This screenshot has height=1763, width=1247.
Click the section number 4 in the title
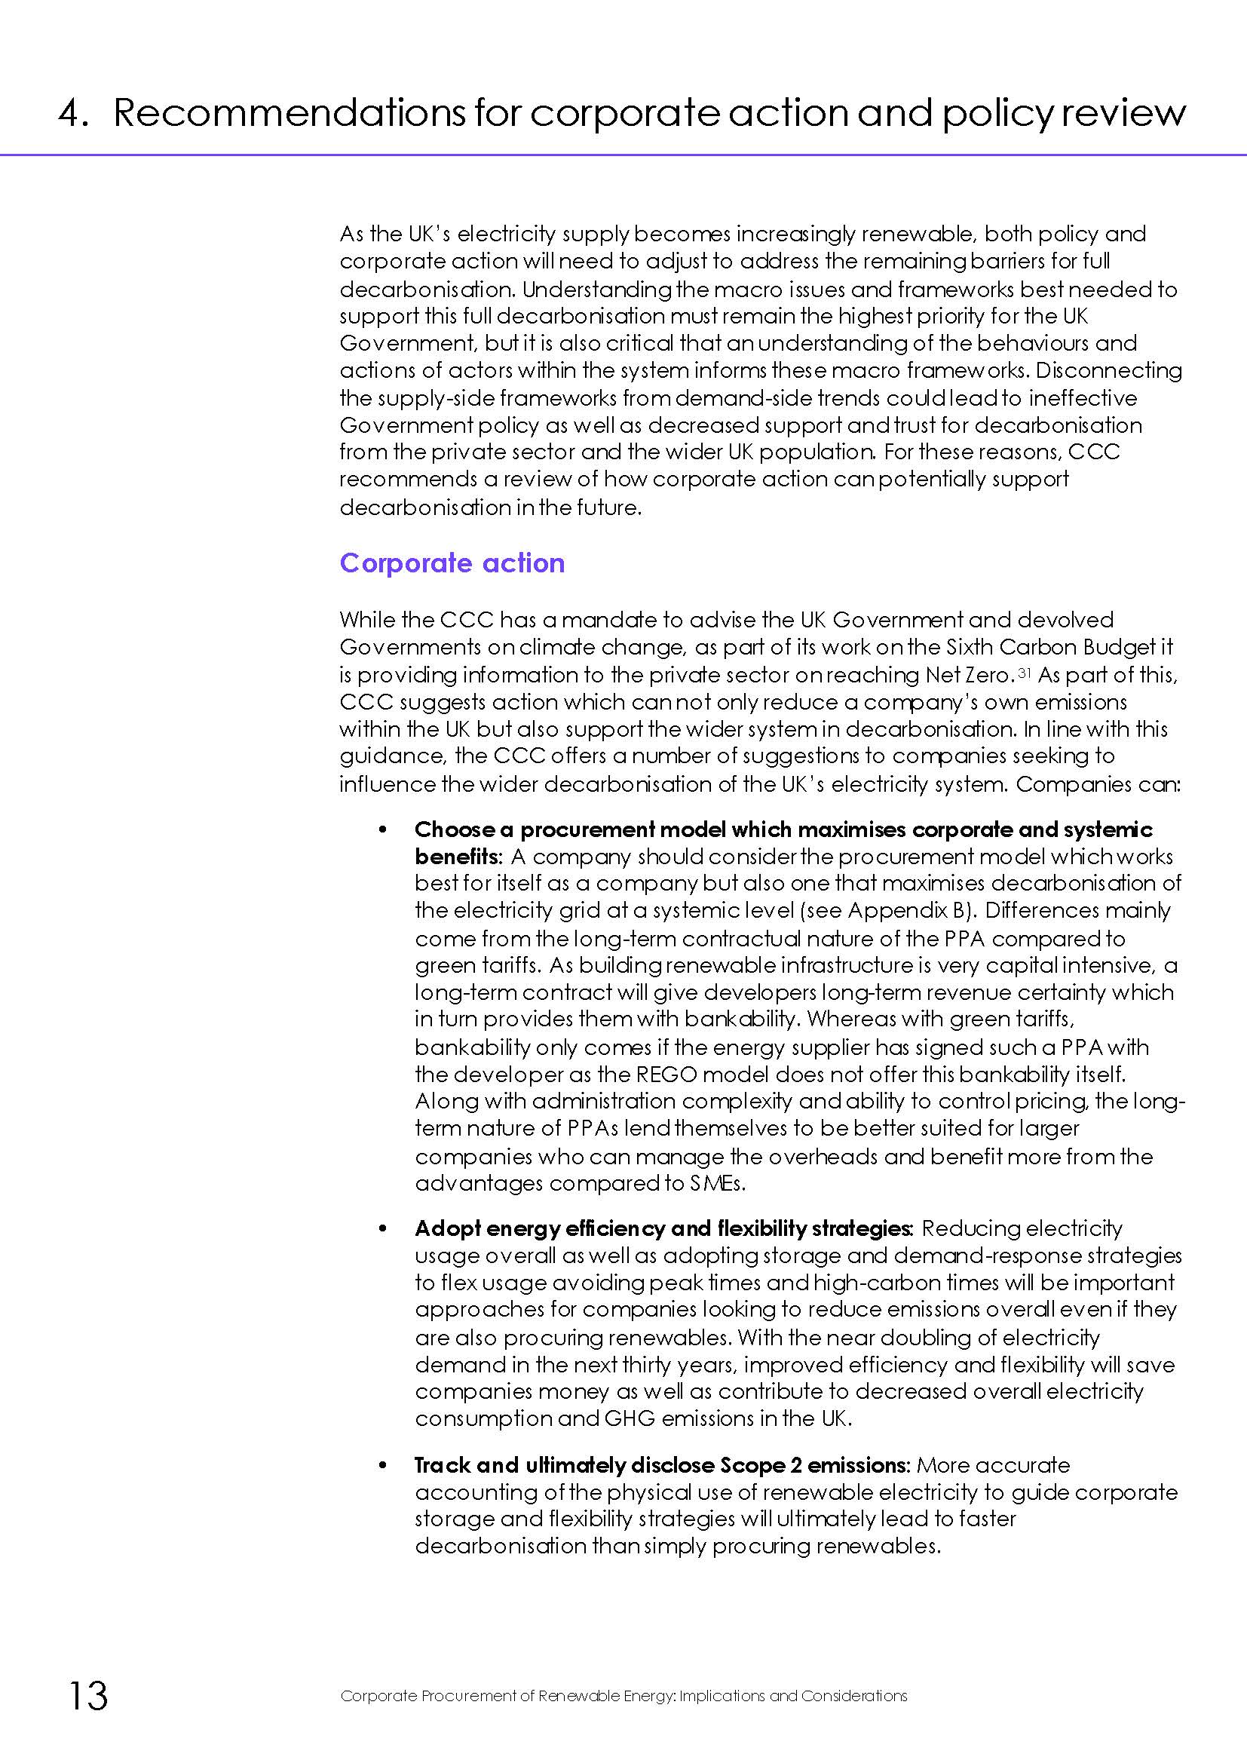71,114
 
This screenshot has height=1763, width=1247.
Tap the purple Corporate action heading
452,563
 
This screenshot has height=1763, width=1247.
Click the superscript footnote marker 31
1022,672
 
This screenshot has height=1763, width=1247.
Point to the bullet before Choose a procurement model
383,830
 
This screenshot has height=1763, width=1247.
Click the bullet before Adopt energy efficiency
383,1228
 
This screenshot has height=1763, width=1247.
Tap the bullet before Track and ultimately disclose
383,1465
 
